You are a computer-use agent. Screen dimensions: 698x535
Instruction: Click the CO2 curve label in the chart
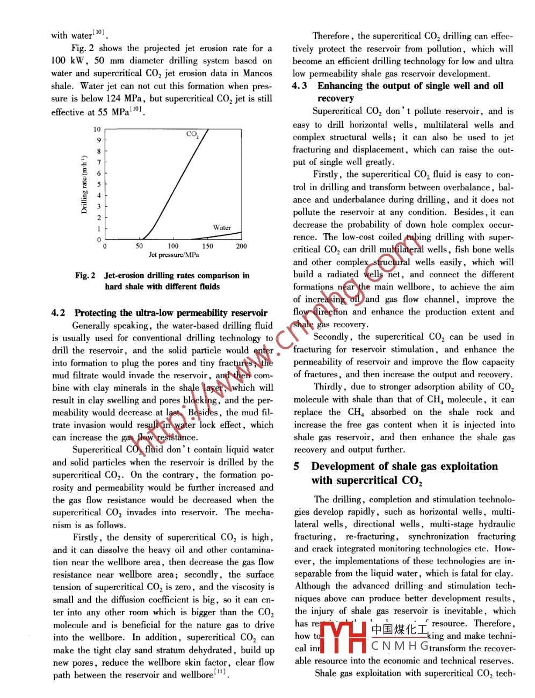[192, 134]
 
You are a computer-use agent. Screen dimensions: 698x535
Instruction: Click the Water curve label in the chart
[222, 227]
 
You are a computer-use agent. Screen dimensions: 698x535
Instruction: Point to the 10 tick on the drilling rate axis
[97, 129]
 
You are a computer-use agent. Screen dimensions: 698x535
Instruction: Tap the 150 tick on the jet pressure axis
[207, 246]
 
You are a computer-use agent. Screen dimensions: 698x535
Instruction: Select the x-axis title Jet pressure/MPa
[173, 255]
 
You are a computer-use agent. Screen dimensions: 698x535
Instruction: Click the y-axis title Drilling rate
[84, 185]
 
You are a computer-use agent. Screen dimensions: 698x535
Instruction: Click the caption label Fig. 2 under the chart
[85, 276]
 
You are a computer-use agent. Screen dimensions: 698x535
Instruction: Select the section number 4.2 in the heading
[58, 313]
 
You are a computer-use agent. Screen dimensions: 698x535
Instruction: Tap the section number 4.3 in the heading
[300, 86]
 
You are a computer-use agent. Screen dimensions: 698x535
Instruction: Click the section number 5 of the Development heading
[297, 466]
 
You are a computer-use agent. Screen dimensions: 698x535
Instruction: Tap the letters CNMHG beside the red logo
[400, 646]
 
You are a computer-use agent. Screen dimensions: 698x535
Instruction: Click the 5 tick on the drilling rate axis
[99, 184]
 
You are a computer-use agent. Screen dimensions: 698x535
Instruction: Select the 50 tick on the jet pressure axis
[139, 246]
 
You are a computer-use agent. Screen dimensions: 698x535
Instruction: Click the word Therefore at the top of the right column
[332, 36]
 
